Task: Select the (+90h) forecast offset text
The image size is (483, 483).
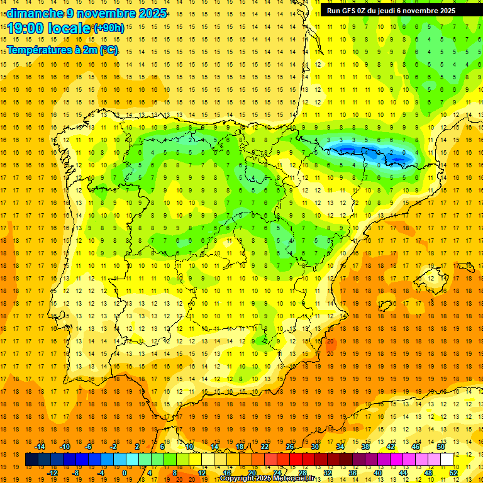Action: click(109, 28)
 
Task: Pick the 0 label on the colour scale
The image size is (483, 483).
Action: click(124, 473)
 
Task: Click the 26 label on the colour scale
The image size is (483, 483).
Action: click(290, 447)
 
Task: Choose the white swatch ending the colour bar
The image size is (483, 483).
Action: click(447, 460)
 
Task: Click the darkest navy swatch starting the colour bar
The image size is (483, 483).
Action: click(31, 460)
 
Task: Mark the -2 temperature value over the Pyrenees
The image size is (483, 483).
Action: click(391, 152)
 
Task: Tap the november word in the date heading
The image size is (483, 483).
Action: click(104, 13)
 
